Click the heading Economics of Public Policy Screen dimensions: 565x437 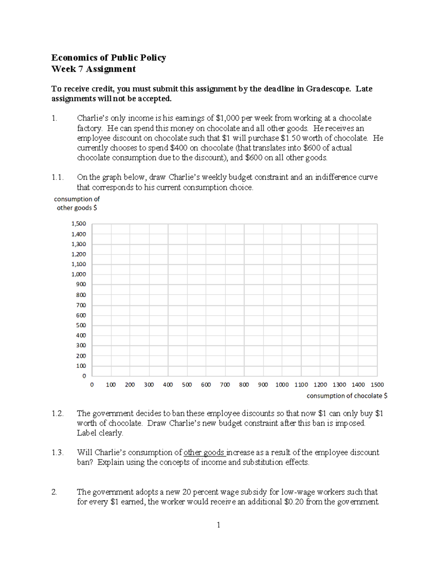click(x=109, y=57)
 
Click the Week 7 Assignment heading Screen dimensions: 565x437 click(x=93, y=69)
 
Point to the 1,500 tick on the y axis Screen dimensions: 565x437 click(x=79, y=224)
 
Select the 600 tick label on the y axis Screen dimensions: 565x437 click(x=81, y=315)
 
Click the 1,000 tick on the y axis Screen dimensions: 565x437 click(x=79, y=274)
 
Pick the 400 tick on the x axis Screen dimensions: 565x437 click(x=168, y=385)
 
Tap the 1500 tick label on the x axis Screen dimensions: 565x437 click(x=377, y=385)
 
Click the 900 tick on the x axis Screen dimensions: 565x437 click(x=263, y=385)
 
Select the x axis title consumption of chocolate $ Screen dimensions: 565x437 click(x=347, y=395)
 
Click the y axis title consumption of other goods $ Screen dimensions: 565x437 click(x=77, y=203)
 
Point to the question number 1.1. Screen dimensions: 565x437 click(x=58, y=178)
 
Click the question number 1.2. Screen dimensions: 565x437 click(x=58, y=414)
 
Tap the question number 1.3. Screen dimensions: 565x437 click(x=58, y=453)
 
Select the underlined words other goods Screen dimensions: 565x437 click(x=204, y=453)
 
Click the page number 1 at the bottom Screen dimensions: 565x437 click(x=219, y=525)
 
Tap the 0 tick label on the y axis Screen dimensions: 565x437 click(x=84, y=376)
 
